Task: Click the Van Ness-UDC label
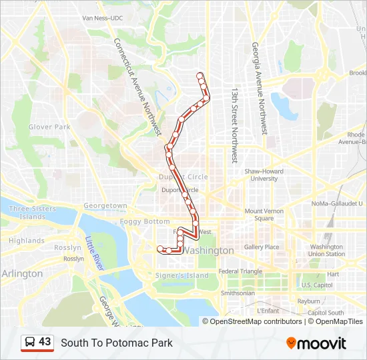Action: [x=103, y=18]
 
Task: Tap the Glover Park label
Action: [x=49, y=127]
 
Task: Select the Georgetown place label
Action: [x=105, y=206]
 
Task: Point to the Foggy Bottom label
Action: [x=145, y=221]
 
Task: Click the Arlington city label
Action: [x=22, y=273]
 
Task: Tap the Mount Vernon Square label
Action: [x=259, y=215]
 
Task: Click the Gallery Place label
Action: [x=262, y=247]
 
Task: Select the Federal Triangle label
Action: [x=241, y=271]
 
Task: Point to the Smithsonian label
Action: [x=238, y=293]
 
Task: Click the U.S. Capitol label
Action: [x=316, y=285]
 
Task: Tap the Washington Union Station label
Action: [x=327, y=250]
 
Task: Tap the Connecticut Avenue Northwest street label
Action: [x=138, y=86]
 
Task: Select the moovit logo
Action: [x=316, y=343]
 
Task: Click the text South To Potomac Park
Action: [x=117, y=343]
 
